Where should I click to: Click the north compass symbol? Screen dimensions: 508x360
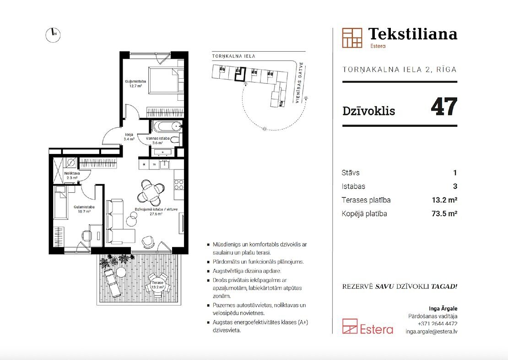coord(53,34)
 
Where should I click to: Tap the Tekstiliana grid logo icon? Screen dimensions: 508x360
coord(352,38)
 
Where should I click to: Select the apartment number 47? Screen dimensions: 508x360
coord(444,107)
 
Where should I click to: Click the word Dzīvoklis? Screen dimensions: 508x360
coord(369,111)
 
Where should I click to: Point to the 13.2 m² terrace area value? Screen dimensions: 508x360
coord(444,200)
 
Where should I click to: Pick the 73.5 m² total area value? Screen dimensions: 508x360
coord(444,213)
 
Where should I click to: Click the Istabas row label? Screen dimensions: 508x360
coord(353,186)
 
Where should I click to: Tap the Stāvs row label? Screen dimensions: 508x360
coord(351,173)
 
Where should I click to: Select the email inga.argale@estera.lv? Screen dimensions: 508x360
coord(431,332)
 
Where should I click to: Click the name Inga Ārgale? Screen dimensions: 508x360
coord(443,308)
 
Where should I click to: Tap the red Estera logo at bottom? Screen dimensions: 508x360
coord(367,327)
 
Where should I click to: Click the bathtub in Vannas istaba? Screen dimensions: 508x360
coord(167,126)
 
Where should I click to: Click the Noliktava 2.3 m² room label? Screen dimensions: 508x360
coord(71,175)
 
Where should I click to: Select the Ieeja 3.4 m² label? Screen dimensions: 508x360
coord(129,137)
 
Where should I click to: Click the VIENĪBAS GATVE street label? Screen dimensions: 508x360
coord(298,83)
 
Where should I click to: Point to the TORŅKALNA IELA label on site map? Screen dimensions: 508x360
coord(233,56)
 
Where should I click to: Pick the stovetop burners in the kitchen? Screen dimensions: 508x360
coord(179,185)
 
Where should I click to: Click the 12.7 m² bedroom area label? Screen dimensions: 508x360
coord(135,86)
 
